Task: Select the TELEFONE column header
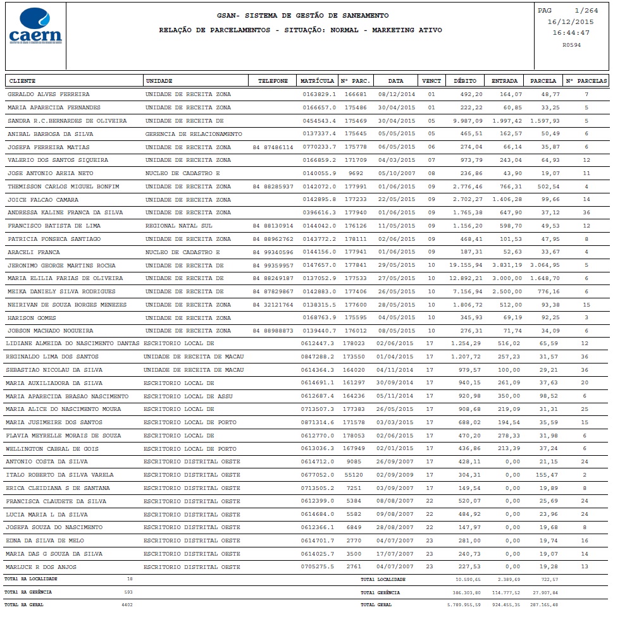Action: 273,81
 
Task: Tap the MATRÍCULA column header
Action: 317,81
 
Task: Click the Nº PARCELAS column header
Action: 586,81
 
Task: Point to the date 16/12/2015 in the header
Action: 571,21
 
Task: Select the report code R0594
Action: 571,45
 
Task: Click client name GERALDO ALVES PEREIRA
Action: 48,94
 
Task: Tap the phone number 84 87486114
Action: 273,147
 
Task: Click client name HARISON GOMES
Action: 32,318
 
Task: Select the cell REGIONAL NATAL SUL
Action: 179,226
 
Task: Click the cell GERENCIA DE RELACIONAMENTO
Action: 194,134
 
